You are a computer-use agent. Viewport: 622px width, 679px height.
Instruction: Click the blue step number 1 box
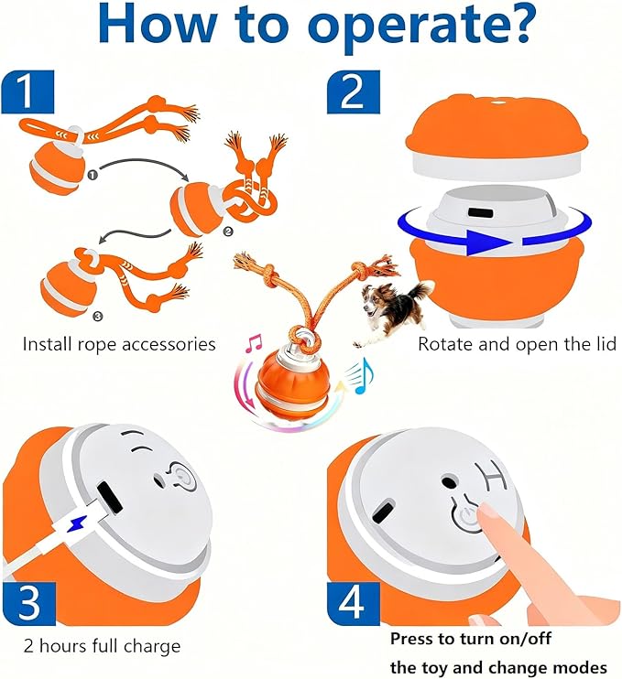(27, 92)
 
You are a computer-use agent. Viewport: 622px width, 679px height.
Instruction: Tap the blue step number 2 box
(354, 92)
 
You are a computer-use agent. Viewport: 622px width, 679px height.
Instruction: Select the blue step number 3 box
(29, 603)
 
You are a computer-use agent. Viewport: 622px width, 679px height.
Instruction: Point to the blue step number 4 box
(354, 603)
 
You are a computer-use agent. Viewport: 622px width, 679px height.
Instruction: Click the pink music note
(254, 342)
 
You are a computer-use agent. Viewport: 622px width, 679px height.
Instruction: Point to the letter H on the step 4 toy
(492, 477)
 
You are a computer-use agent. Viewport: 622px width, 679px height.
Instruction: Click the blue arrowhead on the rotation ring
(486, 242)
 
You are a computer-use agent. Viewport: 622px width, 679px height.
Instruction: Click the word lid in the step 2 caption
(606, 344)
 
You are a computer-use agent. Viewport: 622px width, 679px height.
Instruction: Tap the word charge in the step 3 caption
(151, 647)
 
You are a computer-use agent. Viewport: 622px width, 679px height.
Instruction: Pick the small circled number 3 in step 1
(98, 317)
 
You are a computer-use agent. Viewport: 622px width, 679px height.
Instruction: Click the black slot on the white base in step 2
(480, 213)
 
